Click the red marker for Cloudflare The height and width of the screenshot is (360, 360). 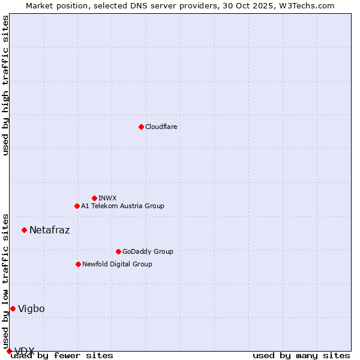click(141, 127)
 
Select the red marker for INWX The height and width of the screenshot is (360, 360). click(94, 198)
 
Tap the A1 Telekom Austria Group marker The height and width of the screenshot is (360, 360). click(77, 206)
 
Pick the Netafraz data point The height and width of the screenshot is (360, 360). click(24, 230)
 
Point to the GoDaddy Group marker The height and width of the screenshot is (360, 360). click(118, 251)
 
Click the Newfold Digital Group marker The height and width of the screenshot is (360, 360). click(78, 264)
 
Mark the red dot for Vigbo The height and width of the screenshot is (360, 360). click(13, 308)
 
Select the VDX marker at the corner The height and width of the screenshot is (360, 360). click(9, 351)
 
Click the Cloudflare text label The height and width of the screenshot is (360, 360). click(161, 127)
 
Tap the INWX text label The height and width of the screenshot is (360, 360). click(107, 198)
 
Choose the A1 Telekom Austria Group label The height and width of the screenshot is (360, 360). click(122, 206)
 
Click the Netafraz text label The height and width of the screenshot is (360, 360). click(49, 230)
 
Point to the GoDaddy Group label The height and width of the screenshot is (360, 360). click(147, 251)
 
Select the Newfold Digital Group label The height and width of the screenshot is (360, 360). click(117, 264)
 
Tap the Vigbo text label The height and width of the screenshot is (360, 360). click(31, 308)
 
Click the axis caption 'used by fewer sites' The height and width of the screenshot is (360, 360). click(62, 356)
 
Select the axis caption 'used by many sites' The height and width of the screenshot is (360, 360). click(301, 356)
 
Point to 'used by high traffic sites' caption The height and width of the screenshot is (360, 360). click(5, 85)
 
